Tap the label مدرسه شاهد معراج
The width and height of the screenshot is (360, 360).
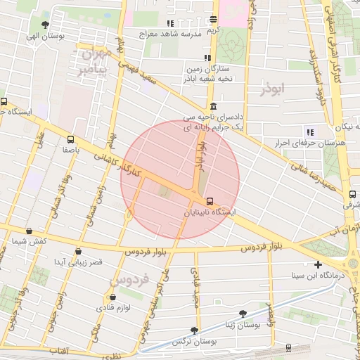[172, 33]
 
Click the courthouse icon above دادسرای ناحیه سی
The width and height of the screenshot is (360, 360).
[213, 105]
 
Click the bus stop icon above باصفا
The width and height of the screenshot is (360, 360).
[70, 139]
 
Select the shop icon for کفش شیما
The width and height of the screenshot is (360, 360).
[29, 231]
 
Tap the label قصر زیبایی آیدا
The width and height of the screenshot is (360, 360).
[78, 262]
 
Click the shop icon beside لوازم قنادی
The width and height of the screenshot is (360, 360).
[112, 297]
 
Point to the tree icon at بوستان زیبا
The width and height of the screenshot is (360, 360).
[243, 314]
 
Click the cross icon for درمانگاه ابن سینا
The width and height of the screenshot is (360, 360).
[319, 265]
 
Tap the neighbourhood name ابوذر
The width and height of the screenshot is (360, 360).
[274, 89]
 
